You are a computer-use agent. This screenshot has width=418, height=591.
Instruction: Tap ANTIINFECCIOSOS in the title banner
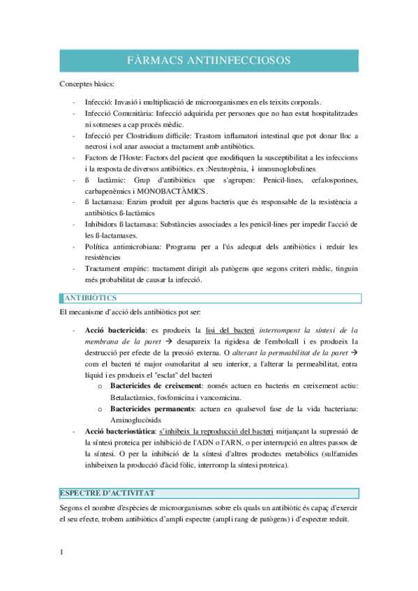click(x=232, y=61)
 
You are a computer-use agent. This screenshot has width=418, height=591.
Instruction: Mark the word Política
click(x=100, y=247)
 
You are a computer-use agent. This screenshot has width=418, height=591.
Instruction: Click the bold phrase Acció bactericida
click(x=114, y=330)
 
